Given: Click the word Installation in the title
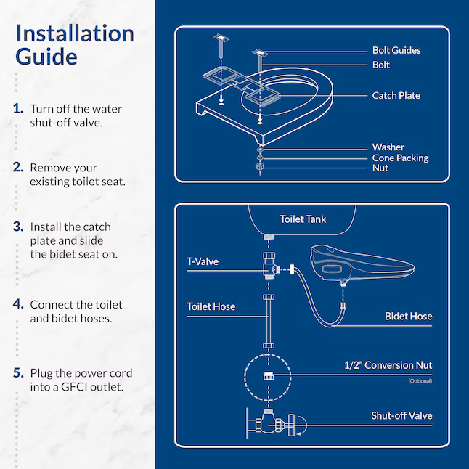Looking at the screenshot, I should point(75,33).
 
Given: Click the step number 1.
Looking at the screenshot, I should point(18,109).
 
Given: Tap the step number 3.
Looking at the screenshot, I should point(18,227).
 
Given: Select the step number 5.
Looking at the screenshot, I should point(18,373).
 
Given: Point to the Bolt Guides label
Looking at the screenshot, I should point(396,50).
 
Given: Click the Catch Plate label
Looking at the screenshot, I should point(396,95).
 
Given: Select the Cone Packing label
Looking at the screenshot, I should point(400,158).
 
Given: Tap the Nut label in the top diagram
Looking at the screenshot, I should point(380,168).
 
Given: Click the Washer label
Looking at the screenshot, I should point(388,147).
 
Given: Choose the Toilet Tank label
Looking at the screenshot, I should point(303,219).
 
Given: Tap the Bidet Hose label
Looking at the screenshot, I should point(408,316).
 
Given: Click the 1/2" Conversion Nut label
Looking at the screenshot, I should point(388,365).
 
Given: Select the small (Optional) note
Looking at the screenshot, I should point(419,380).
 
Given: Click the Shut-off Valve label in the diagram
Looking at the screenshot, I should point(401,415).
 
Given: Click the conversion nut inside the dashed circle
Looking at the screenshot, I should point(266,375).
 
